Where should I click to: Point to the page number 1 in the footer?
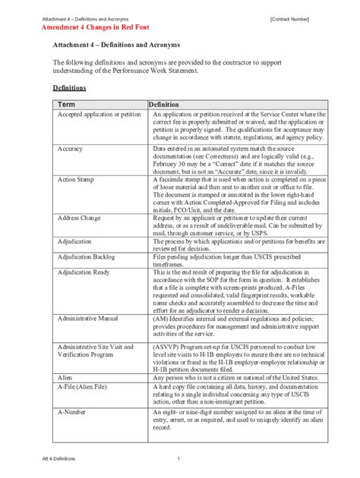pyautogui.click(x=178, y=459)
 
